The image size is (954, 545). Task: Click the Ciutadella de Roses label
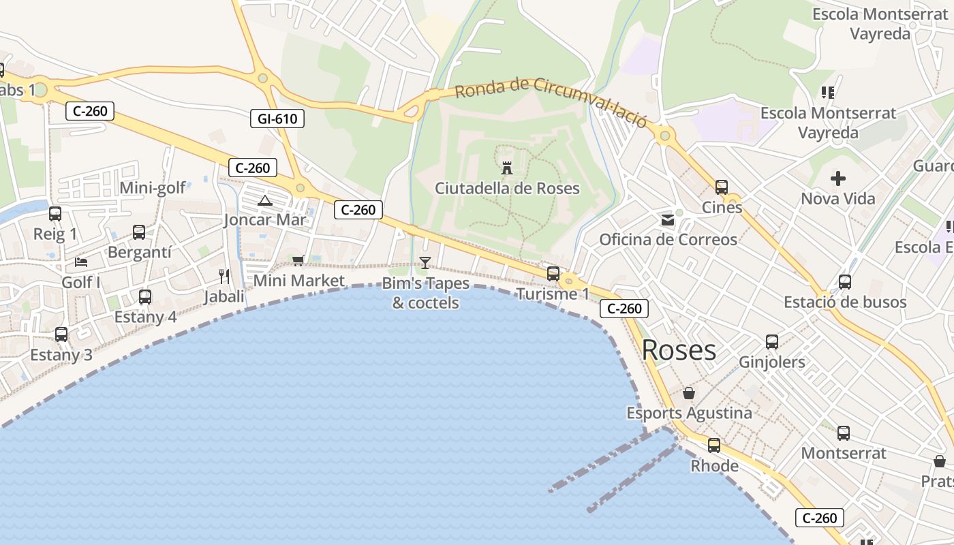click(507, 188)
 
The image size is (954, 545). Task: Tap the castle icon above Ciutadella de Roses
click(507, 168)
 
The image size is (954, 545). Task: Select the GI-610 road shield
click(277, 119)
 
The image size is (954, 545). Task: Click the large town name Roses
click(679, 350)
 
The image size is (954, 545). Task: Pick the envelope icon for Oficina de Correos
click(667, 220)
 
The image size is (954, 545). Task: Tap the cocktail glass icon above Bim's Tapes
click(425, 262)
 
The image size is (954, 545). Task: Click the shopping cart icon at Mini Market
click(298, 260)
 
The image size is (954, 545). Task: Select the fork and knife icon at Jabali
click(224, 276)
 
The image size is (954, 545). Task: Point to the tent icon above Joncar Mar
click(265, 200)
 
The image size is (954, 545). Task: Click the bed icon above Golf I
click(81, 262)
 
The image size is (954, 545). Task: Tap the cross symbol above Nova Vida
click(838, 178)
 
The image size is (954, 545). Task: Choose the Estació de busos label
click(845, 302)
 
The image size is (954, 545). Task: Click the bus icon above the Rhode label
click(714, 446)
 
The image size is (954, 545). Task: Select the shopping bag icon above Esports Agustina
click(689, 393)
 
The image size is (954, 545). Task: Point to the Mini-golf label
click(153, 188)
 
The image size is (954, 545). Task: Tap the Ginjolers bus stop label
click(772, 362)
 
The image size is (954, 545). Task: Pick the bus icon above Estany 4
click(145, 297)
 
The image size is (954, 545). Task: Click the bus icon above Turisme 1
click(553, 274)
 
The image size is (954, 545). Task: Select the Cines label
click(722, 207)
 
